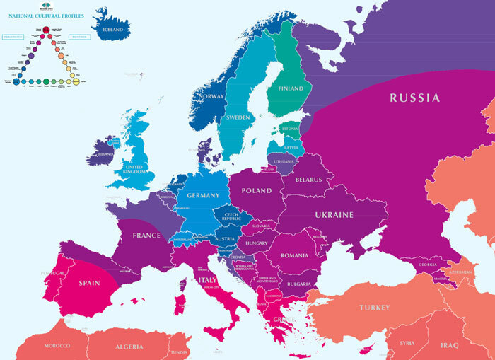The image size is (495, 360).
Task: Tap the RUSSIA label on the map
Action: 414,98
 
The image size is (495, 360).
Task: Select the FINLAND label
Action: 290,88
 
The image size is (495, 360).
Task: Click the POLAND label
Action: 256,192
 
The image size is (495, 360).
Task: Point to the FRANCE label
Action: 146,236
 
